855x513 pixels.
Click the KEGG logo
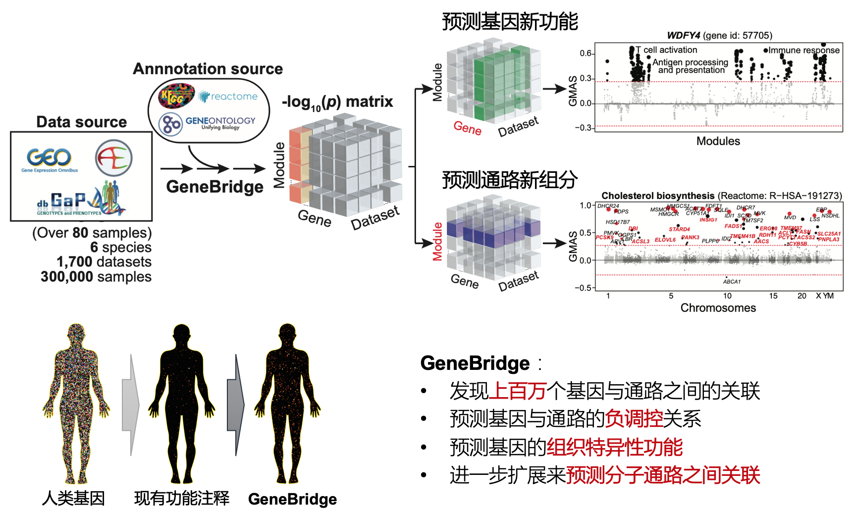coord(176,96)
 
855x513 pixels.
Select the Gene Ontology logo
coord(207,123)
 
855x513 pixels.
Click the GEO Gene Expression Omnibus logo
coord(50,160)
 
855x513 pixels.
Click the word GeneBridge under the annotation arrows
coord(214,187)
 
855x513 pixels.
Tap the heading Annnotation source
coord(208,69)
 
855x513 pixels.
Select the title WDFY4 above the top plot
coord(684,35)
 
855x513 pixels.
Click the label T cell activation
coord(670,50)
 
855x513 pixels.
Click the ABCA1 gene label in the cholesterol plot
coord(732,282)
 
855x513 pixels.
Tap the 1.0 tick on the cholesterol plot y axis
coord(585,205)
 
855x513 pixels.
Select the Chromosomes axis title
coord(718,308)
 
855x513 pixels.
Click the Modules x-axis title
coord(718,141)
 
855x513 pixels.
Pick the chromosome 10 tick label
coord(727,296)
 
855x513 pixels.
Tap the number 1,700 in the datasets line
coord(74,262)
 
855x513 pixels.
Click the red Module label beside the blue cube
coord(437,242)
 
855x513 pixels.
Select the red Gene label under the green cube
coord(467,128)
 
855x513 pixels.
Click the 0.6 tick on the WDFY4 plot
coord(586,53)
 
